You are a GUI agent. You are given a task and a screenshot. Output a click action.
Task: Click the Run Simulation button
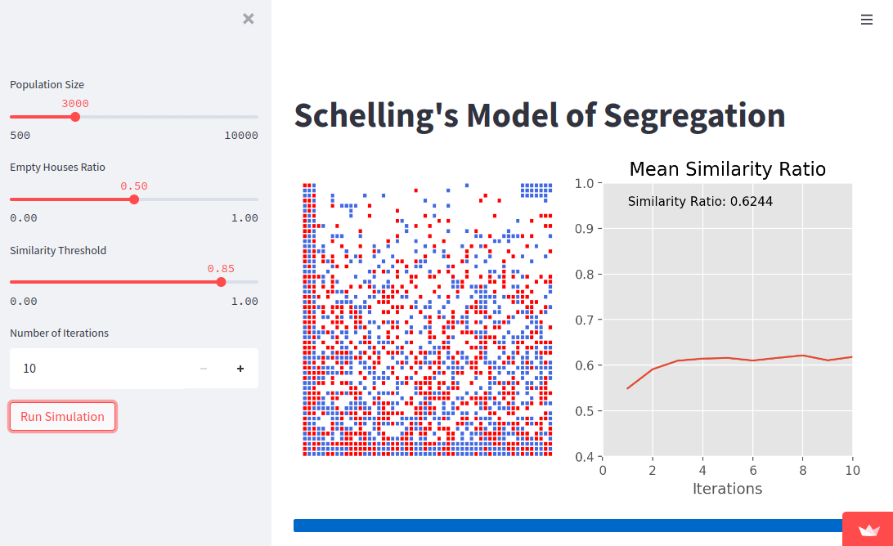click(x=62, y=416)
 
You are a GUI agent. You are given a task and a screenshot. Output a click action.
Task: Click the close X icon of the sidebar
click(x=249, y=19)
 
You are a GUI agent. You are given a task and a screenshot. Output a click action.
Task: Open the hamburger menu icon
click(x=867, y=20)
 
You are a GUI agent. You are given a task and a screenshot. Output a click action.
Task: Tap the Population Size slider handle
click(x=75, y=117)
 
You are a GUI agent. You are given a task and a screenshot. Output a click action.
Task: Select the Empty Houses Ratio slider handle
click(x=134, y=199)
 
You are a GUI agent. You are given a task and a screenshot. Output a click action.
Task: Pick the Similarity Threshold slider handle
click(x=221, y=282)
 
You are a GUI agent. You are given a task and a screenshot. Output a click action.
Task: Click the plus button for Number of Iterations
click(x=240, y=369)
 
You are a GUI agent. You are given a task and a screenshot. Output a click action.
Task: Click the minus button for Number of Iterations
click(x=204, y=369)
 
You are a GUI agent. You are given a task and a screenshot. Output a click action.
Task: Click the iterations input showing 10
click(x=90, y=369)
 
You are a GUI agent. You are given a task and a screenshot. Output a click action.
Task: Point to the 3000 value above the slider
click(x=75, y=104)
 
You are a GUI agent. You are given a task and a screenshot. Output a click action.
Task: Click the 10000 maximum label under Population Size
click(x=240, y=136)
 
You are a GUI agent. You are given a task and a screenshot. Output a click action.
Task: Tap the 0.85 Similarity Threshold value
click(x=221, y=269)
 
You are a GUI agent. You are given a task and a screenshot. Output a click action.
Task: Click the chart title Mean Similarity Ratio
click(x=727, y=169)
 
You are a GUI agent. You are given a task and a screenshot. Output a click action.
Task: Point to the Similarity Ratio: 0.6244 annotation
click(x=700, y=202)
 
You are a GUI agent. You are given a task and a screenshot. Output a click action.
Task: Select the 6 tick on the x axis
click(x=752, y=470)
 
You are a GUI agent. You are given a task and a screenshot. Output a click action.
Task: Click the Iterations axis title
click(x=727, y=489)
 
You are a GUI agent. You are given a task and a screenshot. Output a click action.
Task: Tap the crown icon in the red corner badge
click(x=868, y=530)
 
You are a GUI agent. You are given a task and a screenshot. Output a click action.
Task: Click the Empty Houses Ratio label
click(x=57, y=168)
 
